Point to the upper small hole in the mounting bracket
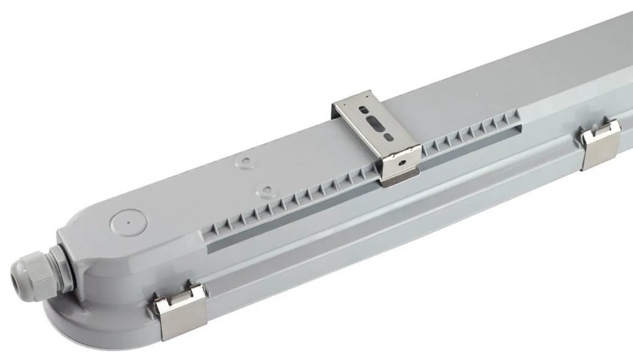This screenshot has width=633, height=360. pos(364,114)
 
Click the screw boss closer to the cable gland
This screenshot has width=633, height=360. pos(266,189)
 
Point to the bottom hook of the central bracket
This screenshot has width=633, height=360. pos(398,181)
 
